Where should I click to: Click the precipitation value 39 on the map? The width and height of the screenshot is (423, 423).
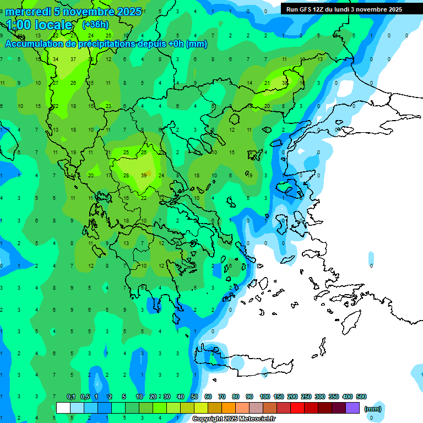point(144,175)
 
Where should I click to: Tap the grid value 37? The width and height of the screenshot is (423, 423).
point(73,59)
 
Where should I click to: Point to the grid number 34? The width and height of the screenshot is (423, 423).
point(56,59)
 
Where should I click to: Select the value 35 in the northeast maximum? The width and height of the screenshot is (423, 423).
point(285,83)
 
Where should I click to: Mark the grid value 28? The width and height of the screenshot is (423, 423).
point(126,175)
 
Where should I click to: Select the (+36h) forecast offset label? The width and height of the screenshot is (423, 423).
point(95,25)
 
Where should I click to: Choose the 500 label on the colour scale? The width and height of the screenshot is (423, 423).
point(361,397)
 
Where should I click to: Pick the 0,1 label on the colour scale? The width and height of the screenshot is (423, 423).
point(71,397)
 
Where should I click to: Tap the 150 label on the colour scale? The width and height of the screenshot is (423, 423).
point(279,397)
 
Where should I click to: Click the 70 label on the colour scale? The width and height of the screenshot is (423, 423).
point(222,397)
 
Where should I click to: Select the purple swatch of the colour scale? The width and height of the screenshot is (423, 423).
point(352,408)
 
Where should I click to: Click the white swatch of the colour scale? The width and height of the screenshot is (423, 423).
point(63,408)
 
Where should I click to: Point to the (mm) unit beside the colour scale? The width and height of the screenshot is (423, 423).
point(373,409)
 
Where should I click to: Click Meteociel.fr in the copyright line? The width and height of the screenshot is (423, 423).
point(255,419)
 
